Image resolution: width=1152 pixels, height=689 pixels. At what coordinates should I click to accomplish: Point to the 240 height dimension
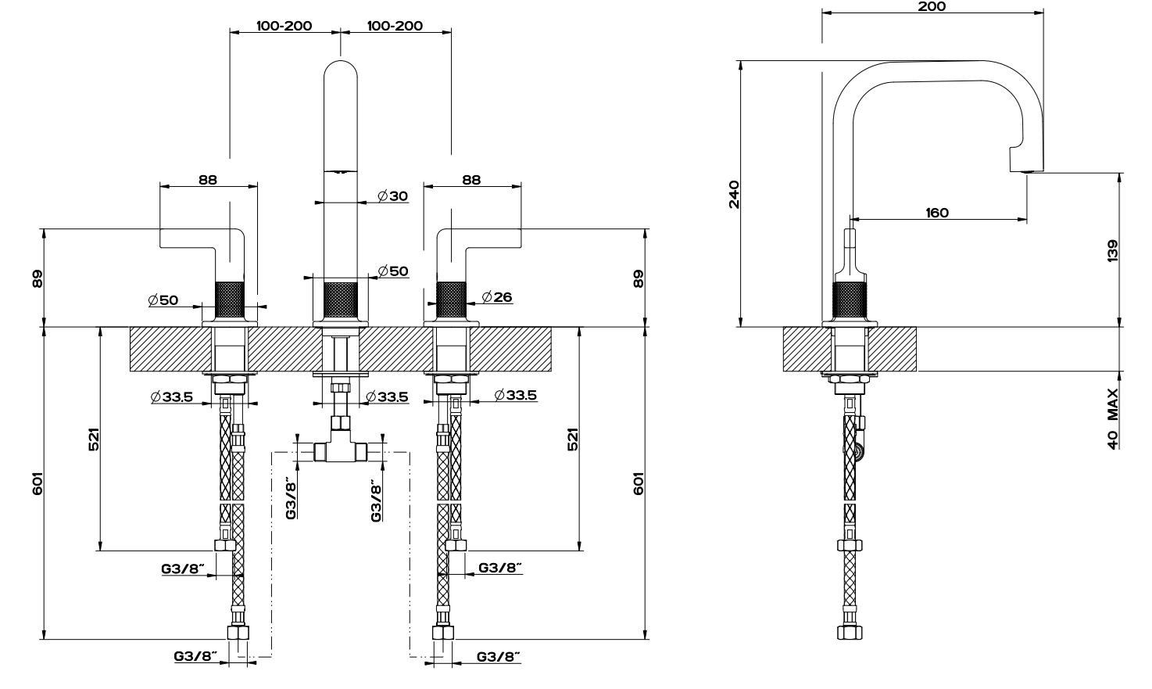[x=734, y=195]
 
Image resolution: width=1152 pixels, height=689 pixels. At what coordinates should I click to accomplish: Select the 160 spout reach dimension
[x=937, y=213]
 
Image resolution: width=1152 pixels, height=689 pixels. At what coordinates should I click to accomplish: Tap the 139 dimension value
[x=1112, y=250]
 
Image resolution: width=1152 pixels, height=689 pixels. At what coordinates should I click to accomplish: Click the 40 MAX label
[x=1112, y=419]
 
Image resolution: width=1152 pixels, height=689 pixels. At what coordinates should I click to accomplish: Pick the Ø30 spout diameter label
[x=392, y=196]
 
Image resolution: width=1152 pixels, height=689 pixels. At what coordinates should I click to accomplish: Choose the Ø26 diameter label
[x=497, y=297]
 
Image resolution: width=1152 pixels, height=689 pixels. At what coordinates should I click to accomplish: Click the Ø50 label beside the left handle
[x=163, y=300]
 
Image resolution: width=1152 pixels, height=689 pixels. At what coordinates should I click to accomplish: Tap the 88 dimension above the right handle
[x=471, y=180]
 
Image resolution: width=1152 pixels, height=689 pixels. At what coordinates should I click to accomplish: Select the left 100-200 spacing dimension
[x=284, y=26]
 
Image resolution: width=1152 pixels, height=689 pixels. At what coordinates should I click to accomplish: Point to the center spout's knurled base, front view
[x=341, y=300]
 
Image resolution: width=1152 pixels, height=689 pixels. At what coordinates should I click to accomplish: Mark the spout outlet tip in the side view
[x=1027, y=170]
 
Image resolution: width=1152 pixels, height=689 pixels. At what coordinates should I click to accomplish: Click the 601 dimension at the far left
[x=38, y=483]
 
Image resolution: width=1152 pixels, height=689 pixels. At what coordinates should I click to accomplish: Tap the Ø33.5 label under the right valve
[x=515, y=395]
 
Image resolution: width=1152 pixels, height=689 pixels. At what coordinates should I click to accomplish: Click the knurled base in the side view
[x=850, y=301]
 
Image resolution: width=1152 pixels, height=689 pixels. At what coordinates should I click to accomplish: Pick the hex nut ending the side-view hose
[x=850, y=632]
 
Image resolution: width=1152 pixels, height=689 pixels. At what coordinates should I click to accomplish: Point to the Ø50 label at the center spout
[x=392, y=271]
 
